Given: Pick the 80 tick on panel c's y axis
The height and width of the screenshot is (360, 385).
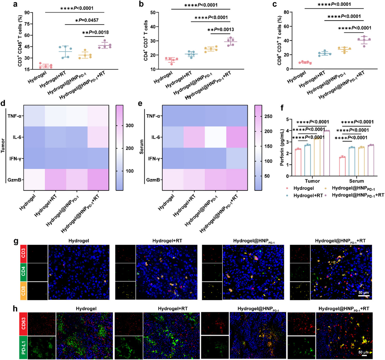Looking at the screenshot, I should pyautogui.click(x=286, y=12).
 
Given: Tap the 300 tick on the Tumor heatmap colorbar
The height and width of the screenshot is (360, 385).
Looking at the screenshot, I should pyautogui.click(x=130, y=126).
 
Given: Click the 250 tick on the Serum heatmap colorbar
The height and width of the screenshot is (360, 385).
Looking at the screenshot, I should pyautogui.click(x=268, y=117).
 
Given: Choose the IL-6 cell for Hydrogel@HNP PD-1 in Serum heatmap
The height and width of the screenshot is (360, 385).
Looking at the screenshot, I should pyautogui.click(x=216, y=137).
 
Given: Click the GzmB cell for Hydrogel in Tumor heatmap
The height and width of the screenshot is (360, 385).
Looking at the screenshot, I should pyautogui.click(x=34, y=180).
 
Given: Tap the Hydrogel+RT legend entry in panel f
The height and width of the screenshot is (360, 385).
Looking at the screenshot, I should pyautogui.click(x=308, y=196).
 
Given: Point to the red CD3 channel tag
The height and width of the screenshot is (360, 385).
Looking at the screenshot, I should pyautogui.click(x=23, y=254).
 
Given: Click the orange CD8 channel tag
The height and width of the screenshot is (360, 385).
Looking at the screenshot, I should pyautogui.click(x=23, y=290).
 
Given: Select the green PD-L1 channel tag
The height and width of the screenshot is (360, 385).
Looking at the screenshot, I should pyautogui.click(x=23, y=347).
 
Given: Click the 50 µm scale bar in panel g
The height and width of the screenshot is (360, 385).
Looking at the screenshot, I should pyautogui.click(x=363, y=296).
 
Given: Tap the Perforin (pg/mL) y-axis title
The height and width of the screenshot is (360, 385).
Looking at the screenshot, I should pyautogui.click(x=282, y=147).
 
